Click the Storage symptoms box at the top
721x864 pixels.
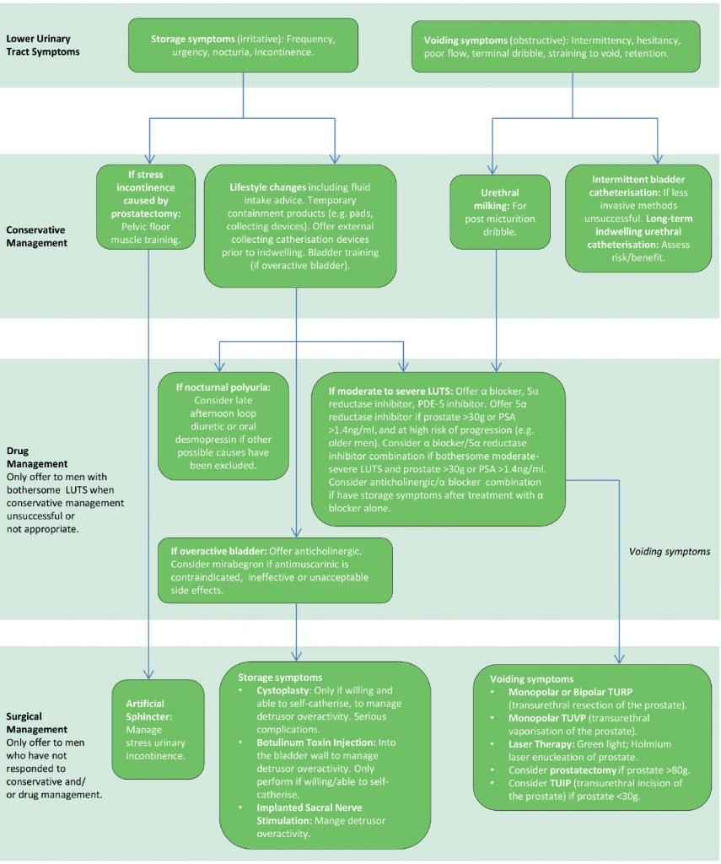point(244,46)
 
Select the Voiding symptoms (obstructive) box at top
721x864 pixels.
point(557,46)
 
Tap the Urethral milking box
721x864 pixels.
point(500,211)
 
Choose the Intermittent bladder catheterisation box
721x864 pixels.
point(638,217)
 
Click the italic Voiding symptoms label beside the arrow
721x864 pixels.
point(670,551)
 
